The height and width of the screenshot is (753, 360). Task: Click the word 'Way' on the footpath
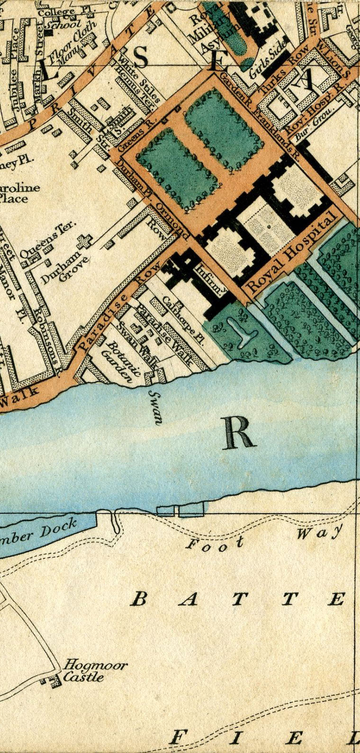(x=319, y=533)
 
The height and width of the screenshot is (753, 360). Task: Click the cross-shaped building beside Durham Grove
(x=85, y=241)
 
